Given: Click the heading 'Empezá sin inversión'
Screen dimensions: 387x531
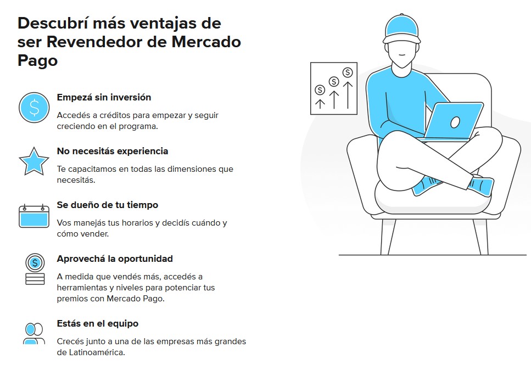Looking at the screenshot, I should click(x=104, y=97).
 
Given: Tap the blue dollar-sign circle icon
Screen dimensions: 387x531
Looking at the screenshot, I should click(x=34, y=108).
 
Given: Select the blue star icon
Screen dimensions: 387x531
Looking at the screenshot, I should click(x=34, y=161).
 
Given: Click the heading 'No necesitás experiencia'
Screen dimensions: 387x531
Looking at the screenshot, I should click(x=113, y=151).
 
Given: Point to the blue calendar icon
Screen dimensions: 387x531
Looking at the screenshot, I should click(x=34, y=216).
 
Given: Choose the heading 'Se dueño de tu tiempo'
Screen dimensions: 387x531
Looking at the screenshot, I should click(x=107, y=205).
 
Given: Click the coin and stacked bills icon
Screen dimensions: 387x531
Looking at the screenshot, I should click(x=35, y=269).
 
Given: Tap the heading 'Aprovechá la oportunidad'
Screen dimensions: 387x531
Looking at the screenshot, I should click(x=115, y=259).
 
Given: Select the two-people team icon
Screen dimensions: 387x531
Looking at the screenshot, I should click(x=34, y=333).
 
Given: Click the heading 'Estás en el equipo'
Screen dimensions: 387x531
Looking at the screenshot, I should click(x=98, y=323).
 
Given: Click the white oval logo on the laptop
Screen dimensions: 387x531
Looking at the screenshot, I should click(x=455, y=122).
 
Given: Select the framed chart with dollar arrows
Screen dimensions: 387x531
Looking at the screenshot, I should click(x=334, y=88).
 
